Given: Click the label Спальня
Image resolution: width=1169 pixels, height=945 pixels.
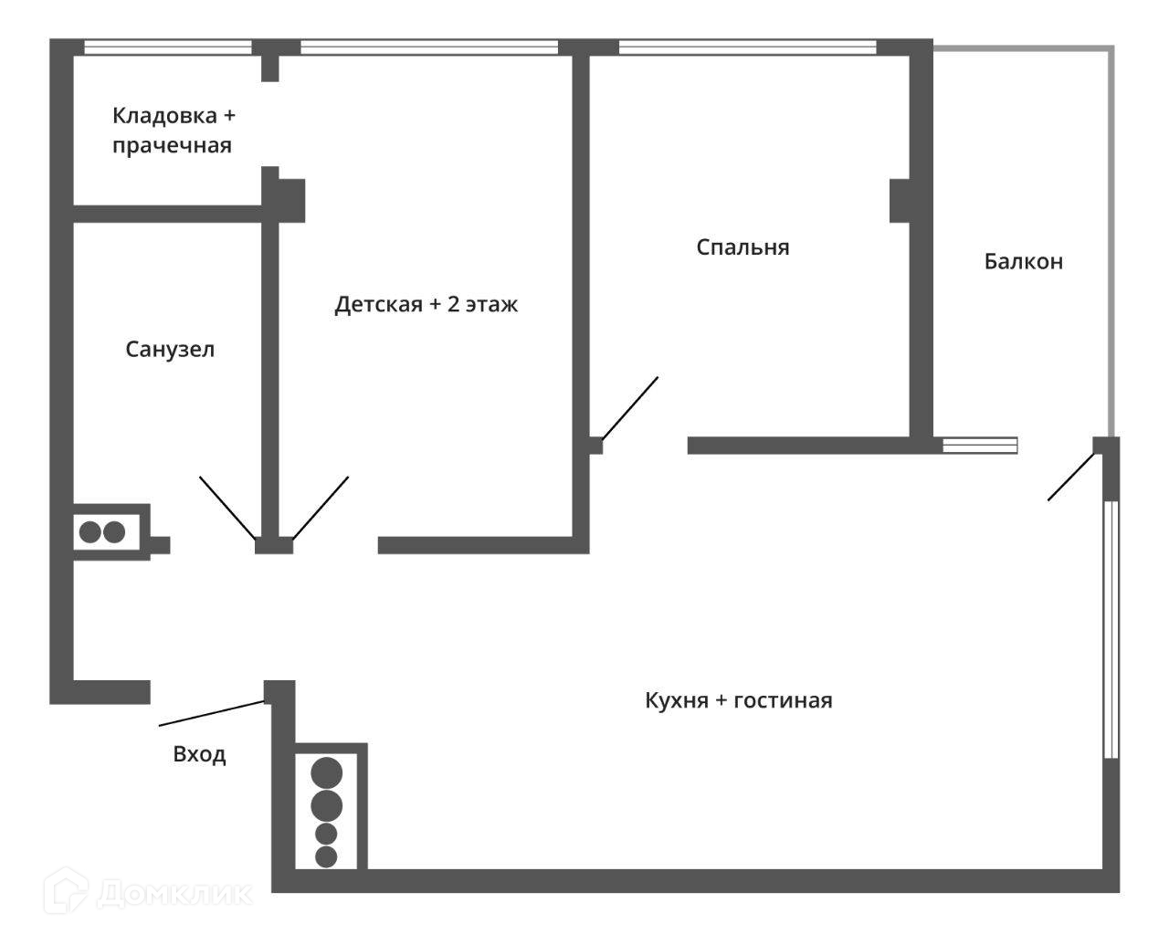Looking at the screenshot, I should pyautogui.click(x=742, y=247).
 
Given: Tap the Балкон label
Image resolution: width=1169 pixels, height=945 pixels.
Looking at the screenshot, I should pyautogui.click(x=1023, y=262).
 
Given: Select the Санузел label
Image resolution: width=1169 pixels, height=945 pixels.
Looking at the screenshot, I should pyautogui.click(x=170, y=350).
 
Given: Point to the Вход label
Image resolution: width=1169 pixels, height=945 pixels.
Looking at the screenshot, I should pyautogui.click(x=199, y=755).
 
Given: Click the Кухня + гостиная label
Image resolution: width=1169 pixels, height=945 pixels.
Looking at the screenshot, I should pyautogui.click(x=738, y=701).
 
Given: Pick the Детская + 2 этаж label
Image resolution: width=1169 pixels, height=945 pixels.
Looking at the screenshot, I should pyautogui.click(x=426, y=304).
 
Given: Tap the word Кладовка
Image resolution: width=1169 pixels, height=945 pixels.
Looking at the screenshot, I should pyautogui.click(x=164, y=116).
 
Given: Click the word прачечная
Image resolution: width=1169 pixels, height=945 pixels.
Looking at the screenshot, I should pyautogui.click(x=172, y=146).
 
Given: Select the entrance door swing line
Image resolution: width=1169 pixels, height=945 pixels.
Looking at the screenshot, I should pyautogui.click(x=212, y=713).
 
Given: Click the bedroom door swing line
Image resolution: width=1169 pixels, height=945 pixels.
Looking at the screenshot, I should pyautogui.click(x=630, y=407).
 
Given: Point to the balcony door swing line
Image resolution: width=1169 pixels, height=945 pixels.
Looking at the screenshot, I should pyautogui.click(x=1070, y=477).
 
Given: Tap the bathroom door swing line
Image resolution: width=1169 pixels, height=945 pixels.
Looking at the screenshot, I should pyautogui.click(x=227, y=508).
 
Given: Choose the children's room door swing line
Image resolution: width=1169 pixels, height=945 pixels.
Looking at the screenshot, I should pyautogui.click(x=321, y=507).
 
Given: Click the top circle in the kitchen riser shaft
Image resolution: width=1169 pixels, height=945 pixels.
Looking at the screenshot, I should pyautogui.click(x=327, y=773).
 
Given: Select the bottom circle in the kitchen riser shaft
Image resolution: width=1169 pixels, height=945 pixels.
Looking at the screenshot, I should pyautogui.click(x=326, y=856).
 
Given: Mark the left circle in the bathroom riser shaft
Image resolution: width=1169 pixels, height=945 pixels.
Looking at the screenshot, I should pyautogui.click(x=90, y=532).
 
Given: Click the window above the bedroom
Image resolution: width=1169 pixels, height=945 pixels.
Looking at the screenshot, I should pyautogui.click(x=747, y=47).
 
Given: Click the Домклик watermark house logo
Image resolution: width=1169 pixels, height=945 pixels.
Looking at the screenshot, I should pyautogui.click(x=68, y=891).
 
